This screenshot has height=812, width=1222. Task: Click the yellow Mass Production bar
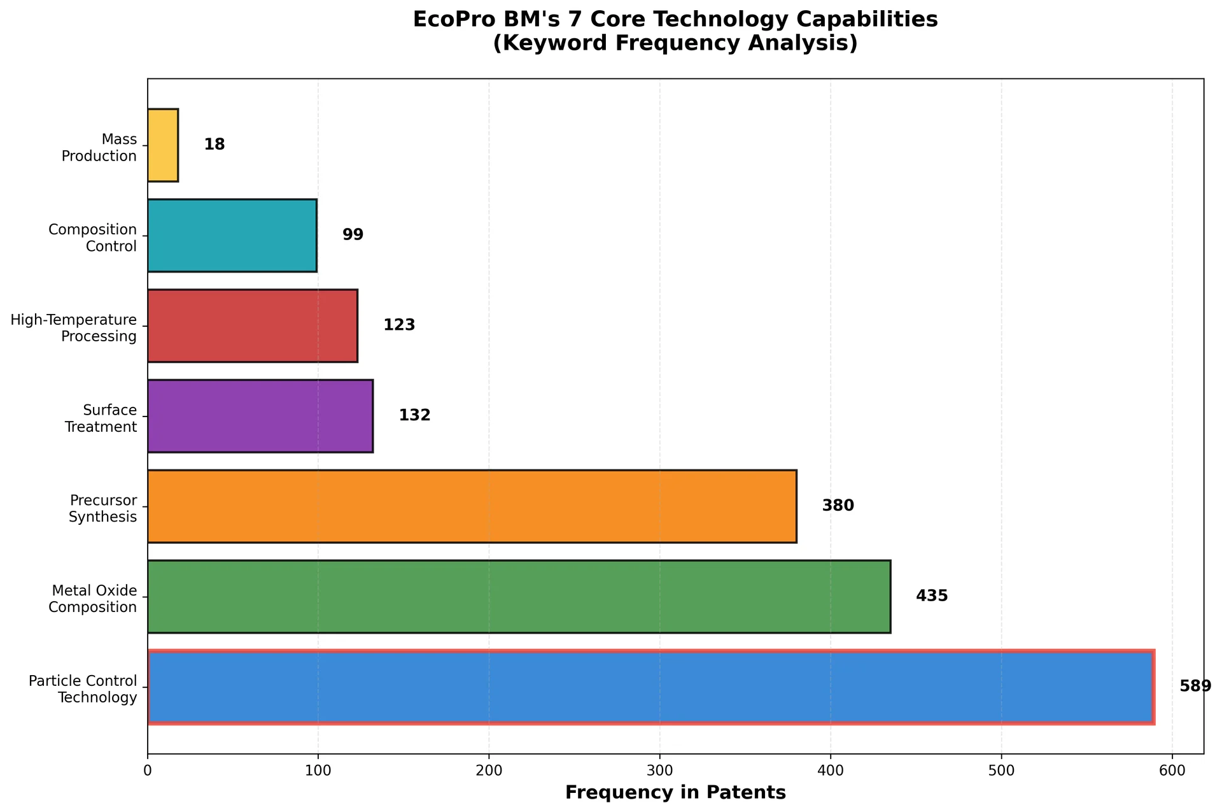[x=163, y=145]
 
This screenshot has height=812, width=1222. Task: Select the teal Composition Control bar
[x=232, y=236]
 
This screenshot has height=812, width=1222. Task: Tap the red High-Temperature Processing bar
[x=253, y=326]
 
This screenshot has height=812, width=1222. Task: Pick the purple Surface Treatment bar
[x=260, y=416]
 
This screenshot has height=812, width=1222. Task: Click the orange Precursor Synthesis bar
[x=472, y=506]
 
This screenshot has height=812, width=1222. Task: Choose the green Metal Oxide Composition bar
[x=519, y=597]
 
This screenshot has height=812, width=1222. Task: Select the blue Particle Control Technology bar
[x=650, y=687]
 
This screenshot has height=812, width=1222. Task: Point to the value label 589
[x=1195, y=687]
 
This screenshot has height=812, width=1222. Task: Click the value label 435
[x=932, y=596]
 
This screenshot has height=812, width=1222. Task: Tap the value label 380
[x=838, y=506]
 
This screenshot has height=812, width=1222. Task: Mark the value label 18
[x=214, y=145]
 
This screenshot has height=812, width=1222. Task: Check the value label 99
[x=353, y=235]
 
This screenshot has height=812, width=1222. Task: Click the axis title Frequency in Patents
[x=675, y=793]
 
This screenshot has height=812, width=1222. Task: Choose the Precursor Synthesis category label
[x=103, y=509]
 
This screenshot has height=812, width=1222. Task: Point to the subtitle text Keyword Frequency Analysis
[x=675, y=43]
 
